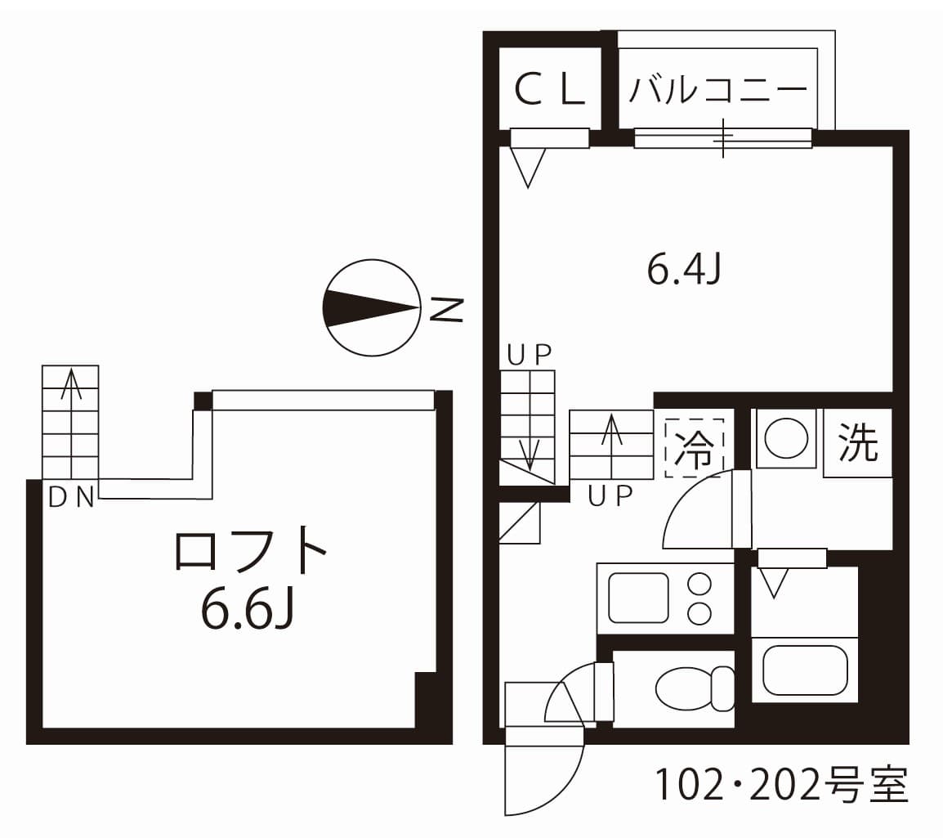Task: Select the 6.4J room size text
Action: point(683,271)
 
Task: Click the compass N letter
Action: point(447,308)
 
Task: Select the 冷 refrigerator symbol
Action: point(693,448)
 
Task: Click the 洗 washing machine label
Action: point(857,443)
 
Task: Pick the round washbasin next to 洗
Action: point(786,439)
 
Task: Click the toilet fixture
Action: point(695,688)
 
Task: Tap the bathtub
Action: point(805,670)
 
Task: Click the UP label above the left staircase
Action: point(529,354)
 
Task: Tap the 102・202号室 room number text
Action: point(780,786)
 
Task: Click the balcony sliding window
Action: point(722,138)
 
